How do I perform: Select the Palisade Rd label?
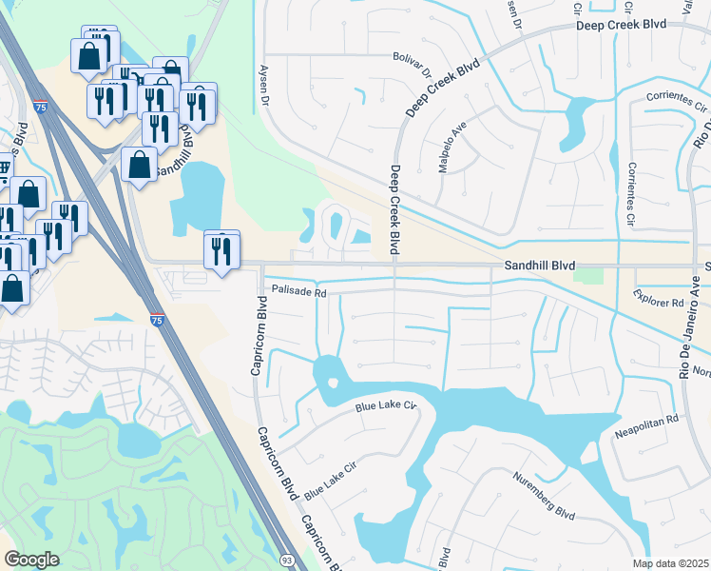coord(298,292)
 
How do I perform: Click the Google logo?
coord(31,560)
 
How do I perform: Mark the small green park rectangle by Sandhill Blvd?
coord(589,275)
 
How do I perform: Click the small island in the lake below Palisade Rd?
coord(333,383)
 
